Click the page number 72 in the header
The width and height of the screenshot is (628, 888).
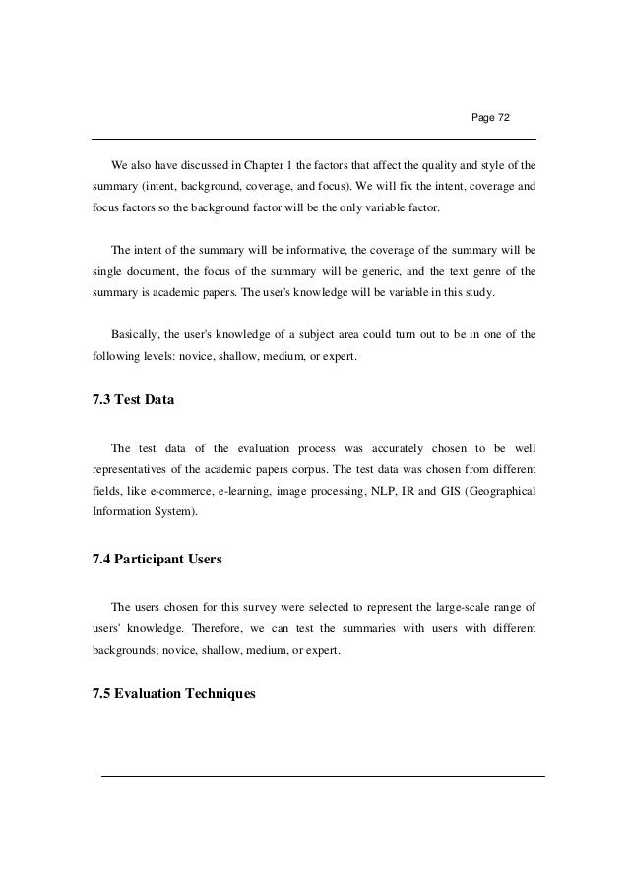pyautogui.click(x=503, y=118)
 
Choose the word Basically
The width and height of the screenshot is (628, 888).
pyautogui.click(x=137, y=334)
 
